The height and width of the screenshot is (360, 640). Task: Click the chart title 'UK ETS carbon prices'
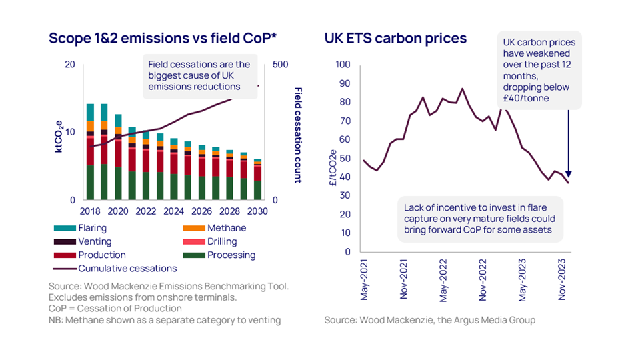(x=395, y=38)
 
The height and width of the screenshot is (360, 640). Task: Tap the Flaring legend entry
(x=92, y=228)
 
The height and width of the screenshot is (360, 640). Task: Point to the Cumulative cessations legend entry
(x=127, y=268)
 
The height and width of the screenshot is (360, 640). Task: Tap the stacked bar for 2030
(x=257, y=180)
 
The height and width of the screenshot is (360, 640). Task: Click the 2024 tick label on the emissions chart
(x=173, y=211)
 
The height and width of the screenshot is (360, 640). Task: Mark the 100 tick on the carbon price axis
(x=342, y=65)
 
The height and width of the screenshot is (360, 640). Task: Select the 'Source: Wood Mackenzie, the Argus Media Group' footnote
(x=430, y=320)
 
